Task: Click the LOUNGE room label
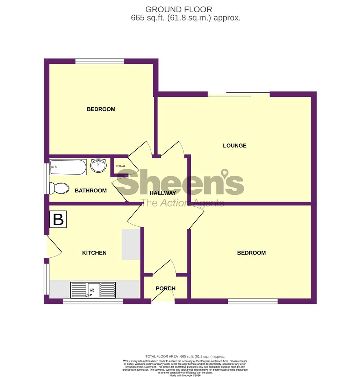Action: click(x=235, y=146)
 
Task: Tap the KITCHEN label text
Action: click(x=94, y=253)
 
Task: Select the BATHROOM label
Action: click(x=91, y=191)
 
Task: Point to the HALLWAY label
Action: click(x=163, y=193)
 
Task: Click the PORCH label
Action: click(x=166, y=288)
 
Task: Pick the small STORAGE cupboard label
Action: click(x=121, y=166)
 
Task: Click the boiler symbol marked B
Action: click(x=58, y=219)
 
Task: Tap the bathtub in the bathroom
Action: click(x=68, y=167)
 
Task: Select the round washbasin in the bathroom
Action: click(x=99, y=165)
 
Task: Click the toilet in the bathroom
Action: click(x=59, y=188)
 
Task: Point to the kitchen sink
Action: click(x=93, y=290)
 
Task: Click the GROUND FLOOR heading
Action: click(x=179, y=9)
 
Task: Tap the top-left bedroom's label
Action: click(x=101, y=109)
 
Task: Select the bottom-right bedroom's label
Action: click(x=251, y=253)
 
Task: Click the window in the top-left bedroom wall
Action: click(x=100, y=61)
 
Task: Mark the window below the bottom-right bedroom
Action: click(x=253, y=301)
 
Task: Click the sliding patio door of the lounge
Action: click(x=239, y=94)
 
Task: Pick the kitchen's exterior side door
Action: click(x=53, y=246)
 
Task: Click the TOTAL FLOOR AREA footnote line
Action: click(x=185, y=356)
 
